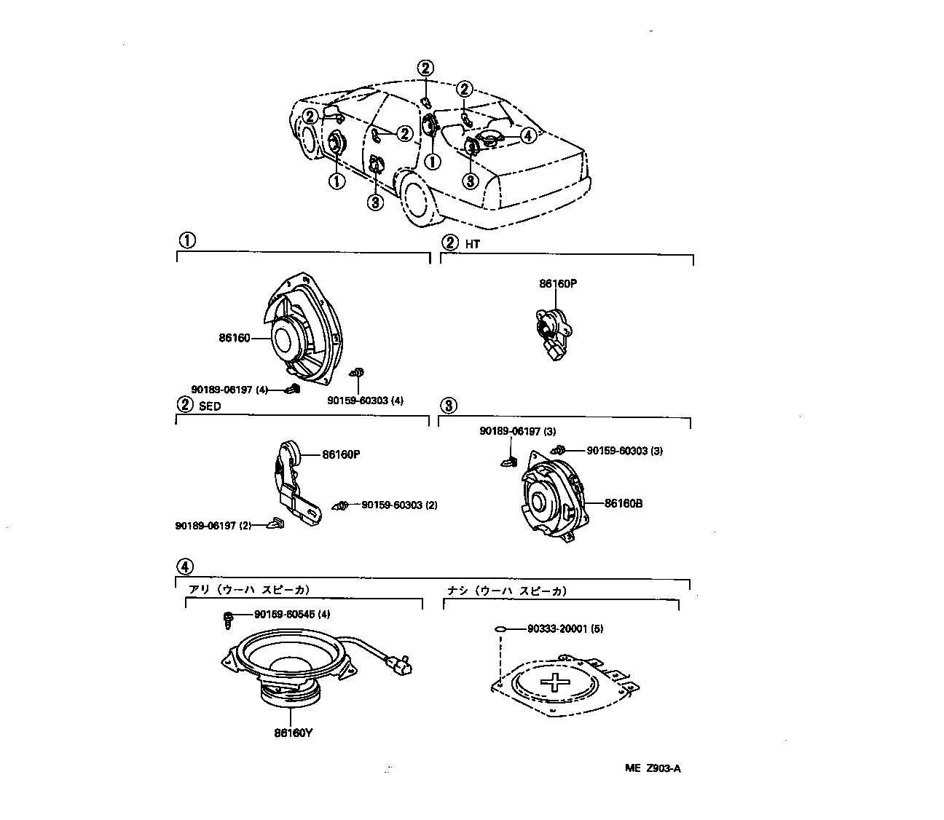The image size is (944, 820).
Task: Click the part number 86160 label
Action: coord(234,338)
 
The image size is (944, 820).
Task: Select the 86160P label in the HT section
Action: coord(557,284)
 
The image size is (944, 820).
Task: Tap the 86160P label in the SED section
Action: coord(341,454)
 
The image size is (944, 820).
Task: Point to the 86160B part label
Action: coord(623,503)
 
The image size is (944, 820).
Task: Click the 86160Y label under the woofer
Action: coord(293,733)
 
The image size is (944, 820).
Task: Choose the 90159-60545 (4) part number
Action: coord(292,615)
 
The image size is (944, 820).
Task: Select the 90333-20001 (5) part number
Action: coord(566,628)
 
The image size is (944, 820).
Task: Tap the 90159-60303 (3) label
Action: coord(624,451)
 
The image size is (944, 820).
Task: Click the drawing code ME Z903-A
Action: coord(652,769)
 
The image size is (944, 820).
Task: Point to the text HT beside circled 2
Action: coord(472,244)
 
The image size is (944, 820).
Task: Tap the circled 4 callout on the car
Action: coord(527,135)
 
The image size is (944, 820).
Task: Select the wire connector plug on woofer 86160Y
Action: coord(399,664)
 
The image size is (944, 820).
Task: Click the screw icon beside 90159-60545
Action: coord(228,619)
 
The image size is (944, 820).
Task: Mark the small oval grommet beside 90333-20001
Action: coord(500,629)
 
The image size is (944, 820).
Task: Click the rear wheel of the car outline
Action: coord(415,197)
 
